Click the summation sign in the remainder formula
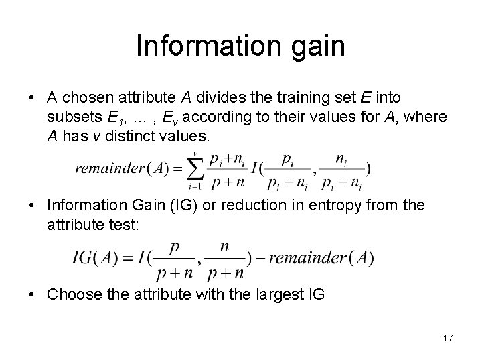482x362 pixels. (194, 168)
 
